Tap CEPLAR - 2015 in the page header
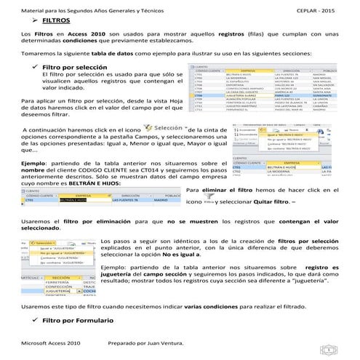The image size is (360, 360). tap(318, 8)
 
